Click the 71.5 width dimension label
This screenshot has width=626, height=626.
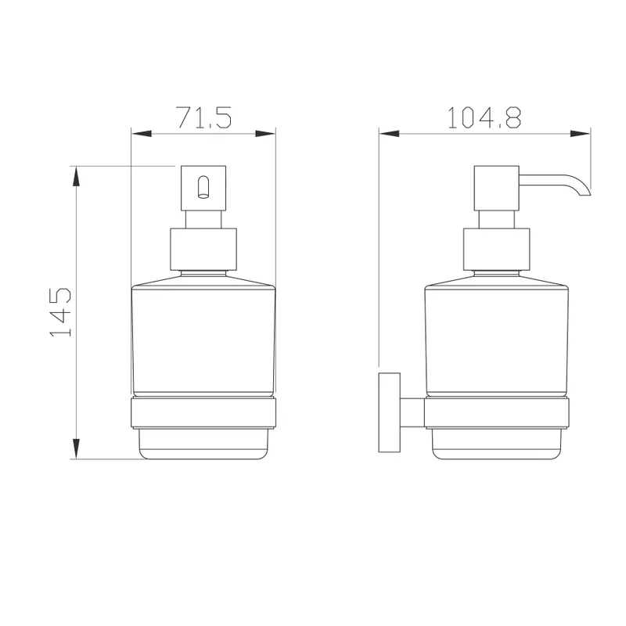[x=203, y=117]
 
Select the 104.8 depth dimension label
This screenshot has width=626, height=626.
[x=484, y=117]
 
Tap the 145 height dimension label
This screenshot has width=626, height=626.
[x=60, y=311]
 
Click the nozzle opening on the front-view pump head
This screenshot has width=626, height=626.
[x=203, y=187]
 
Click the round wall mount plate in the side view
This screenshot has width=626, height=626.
[x=389, y=412]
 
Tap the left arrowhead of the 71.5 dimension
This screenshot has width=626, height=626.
[x=142, y=134]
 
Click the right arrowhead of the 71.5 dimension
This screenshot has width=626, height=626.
[x=265, y=134]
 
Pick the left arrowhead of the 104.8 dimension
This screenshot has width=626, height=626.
[x=389, y=134]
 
